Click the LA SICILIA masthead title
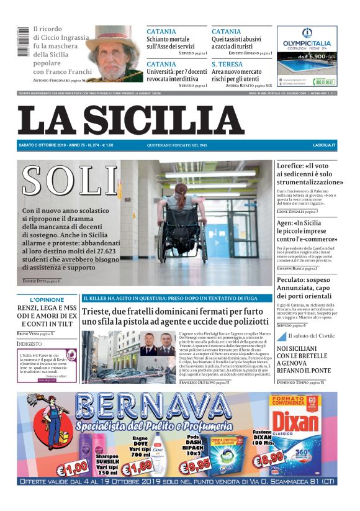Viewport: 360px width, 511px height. (130, 120)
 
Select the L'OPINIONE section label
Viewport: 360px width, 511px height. (47, 299)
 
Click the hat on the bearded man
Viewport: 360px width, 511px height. (113, 37)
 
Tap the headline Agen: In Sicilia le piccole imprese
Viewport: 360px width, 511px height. (304, 231)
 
